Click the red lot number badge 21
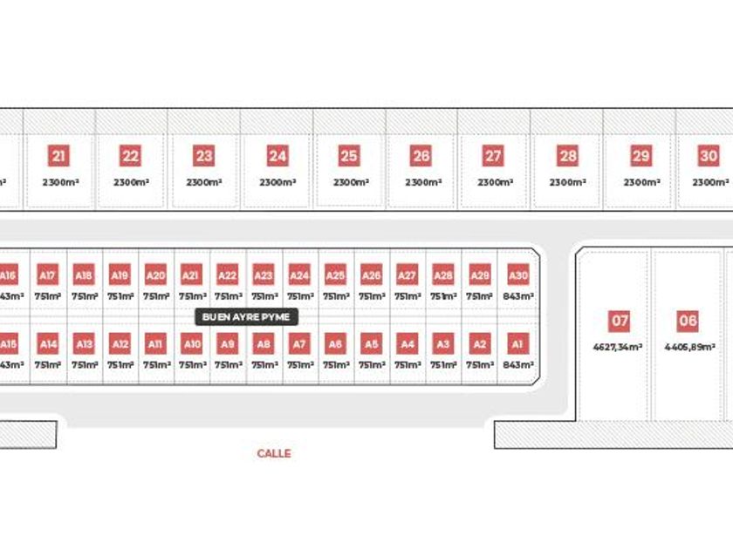point(58,157)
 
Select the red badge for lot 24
point(277,157)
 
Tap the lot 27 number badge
point(493,157)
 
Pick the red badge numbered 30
point(709,157)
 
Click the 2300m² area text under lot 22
point(131,183)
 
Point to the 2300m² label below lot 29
point(641,183)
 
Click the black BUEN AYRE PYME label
point(246,317)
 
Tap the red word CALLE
point(274,453)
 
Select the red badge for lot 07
point(620,322)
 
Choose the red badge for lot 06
point(688,322)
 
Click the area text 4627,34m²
point(619,347)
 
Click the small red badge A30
point(517,276)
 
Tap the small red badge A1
point(517,344)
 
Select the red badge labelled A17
point(48,276)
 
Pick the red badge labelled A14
point(48,344)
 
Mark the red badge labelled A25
point(335,276)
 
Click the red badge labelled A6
point(335,344)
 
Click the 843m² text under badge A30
point(517,296)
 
